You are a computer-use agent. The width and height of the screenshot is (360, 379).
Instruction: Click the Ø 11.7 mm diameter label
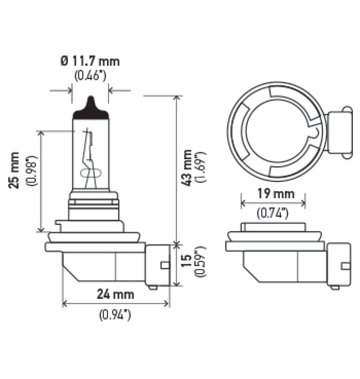coord(90,61)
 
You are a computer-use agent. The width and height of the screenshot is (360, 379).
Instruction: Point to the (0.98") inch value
coord(31,170)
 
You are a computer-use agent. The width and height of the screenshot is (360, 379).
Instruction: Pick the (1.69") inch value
coord(202,167)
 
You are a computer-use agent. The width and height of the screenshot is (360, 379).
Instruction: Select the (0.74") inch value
coord(273,214)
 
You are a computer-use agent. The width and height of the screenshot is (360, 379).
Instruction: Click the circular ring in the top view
coord(236,126)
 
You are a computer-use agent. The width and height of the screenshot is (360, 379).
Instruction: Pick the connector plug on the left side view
coord(157,265)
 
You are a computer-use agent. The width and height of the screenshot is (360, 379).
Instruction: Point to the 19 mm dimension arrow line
coord(273,204)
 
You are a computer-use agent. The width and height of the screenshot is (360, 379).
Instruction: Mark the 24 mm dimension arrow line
coord(116,304)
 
